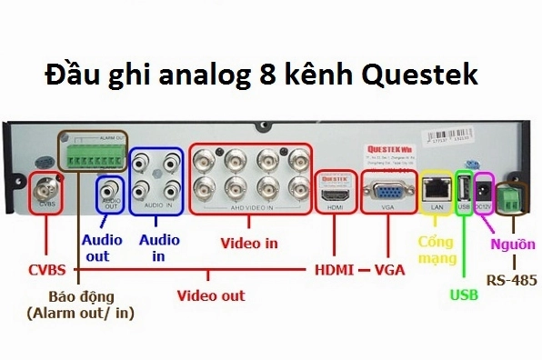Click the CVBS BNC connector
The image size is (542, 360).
pyautogui.click(x=45, y=192)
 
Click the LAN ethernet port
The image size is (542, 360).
pyautogui.click(x=437, y=190)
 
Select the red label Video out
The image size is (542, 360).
pyautogui.click(x=210, y=295)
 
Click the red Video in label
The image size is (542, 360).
pyautogui.click(x=250, y=243)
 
